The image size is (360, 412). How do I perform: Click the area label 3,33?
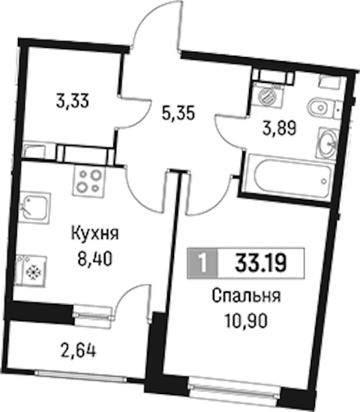click(73, 101)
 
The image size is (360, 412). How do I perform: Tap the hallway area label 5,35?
click(178, 114)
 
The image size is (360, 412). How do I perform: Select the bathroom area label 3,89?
click(280, 129)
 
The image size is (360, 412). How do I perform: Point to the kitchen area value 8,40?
click(95, 259)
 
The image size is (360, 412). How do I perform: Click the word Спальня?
click(247, 296)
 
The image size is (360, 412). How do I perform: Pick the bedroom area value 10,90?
click(247, 321)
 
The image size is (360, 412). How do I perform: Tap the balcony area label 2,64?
click(78, 351)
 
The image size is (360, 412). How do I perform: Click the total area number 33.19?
click(260, 263)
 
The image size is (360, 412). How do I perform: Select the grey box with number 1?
click(202, 263)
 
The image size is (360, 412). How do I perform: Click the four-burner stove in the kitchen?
click(89, 180)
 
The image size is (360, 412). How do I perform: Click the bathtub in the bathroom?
click(289, 177)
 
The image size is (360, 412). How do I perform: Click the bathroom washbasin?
click(328, 143)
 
